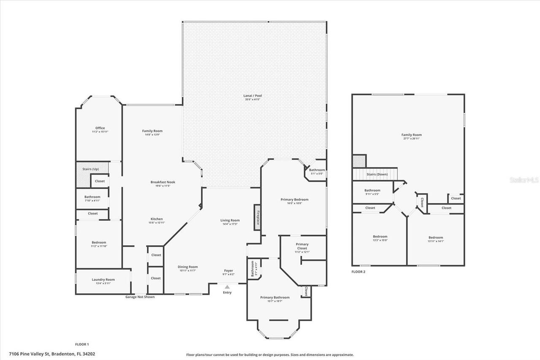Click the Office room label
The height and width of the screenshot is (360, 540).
[x=100, y=128]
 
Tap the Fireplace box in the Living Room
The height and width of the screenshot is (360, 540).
[x=257, y=218]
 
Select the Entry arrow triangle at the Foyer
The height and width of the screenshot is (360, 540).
[x=227, y=287]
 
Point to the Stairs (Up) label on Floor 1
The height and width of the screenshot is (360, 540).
[x=90, y=169]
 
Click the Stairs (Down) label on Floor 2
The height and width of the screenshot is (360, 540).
[x=377, y=174]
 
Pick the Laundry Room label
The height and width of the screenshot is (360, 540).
[x=103, y=279]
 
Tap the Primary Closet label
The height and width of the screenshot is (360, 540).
[x=302, y=246]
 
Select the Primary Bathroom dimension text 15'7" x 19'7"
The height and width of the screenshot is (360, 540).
[x=275, y=301]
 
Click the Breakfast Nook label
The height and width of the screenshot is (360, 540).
[x=163, y=182]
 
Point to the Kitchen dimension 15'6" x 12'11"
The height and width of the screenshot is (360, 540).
[x=157, y=222]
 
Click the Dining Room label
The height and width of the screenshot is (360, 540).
[x=188, y=267]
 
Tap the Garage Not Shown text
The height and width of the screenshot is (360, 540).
[x=140, y=297]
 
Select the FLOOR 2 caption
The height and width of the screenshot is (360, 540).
[x=358, y=272]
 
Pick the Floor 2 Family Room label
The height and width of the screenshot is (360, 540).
[x=411, y=135]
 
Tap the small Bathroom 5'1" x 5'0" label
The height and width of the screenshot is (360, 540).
[x=316, y=170]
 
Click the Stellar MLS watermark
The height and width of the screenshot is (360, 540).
[x=524, y=180]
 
